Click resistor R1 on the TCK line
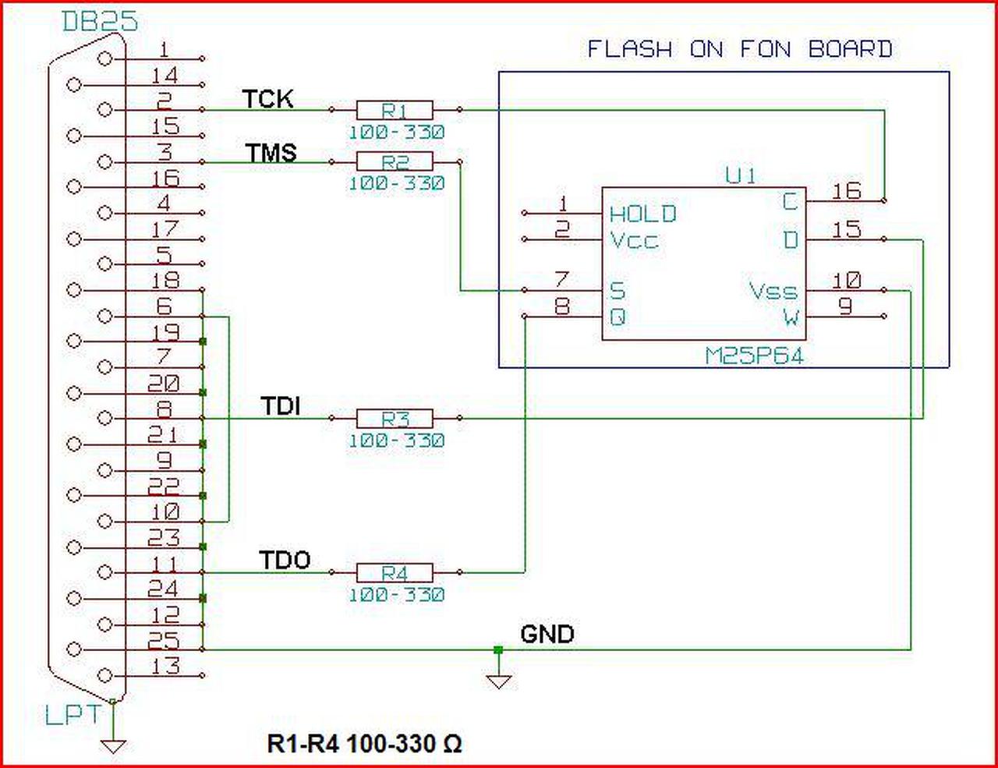click(x=395, y=110)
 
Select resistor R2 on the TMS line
click(x=395, y=161)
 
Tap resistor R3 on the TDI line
click(x=395, y=419)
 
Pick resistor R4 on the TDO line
click(x=395, y=573)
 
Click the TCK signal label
click(x=267, y=99)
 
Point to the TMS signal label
click(x=271, y=152)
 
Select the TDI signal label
click(x=281, y=406)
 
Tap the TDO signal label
click(x=285, y=561)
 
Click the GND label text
click(x=547, y=634)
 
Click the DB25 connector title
click(x=99, y=22)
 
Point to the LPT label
click(x=73, y=715)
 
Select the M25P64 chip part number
click(x=754, y=356)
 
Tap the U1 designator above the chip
click(x=740, y=176)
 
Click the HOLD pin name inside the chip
click(x=642, y=214)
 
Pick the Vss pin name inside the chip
click(x=773, y=292)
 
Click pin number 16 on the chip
click(x=846, y=190)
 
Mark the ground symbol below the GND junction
click(x=499, y=681)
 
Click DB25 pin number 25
click(x=164, y=640)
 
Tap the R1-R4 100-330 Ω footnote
click(x=364, y=743)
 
